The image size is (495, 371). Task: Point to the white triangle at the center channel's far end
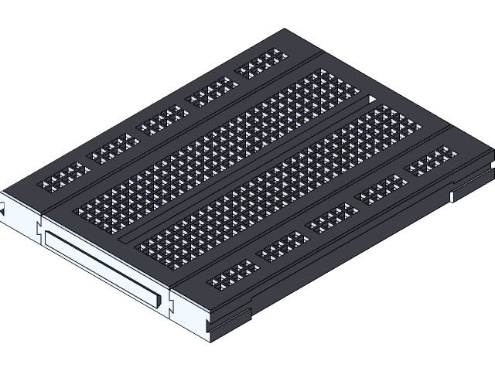click(x=373, y=99)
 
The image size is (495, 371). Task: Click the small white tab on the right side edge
click(x=452, y=196)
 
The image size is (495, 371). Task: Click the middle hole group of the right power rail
click(x=332, y=216)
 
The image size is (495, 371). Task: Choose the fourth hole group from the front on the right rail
click(x=381, y=189)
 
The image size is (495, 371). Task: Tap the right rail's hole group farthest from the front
click(x=431, y=160)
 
